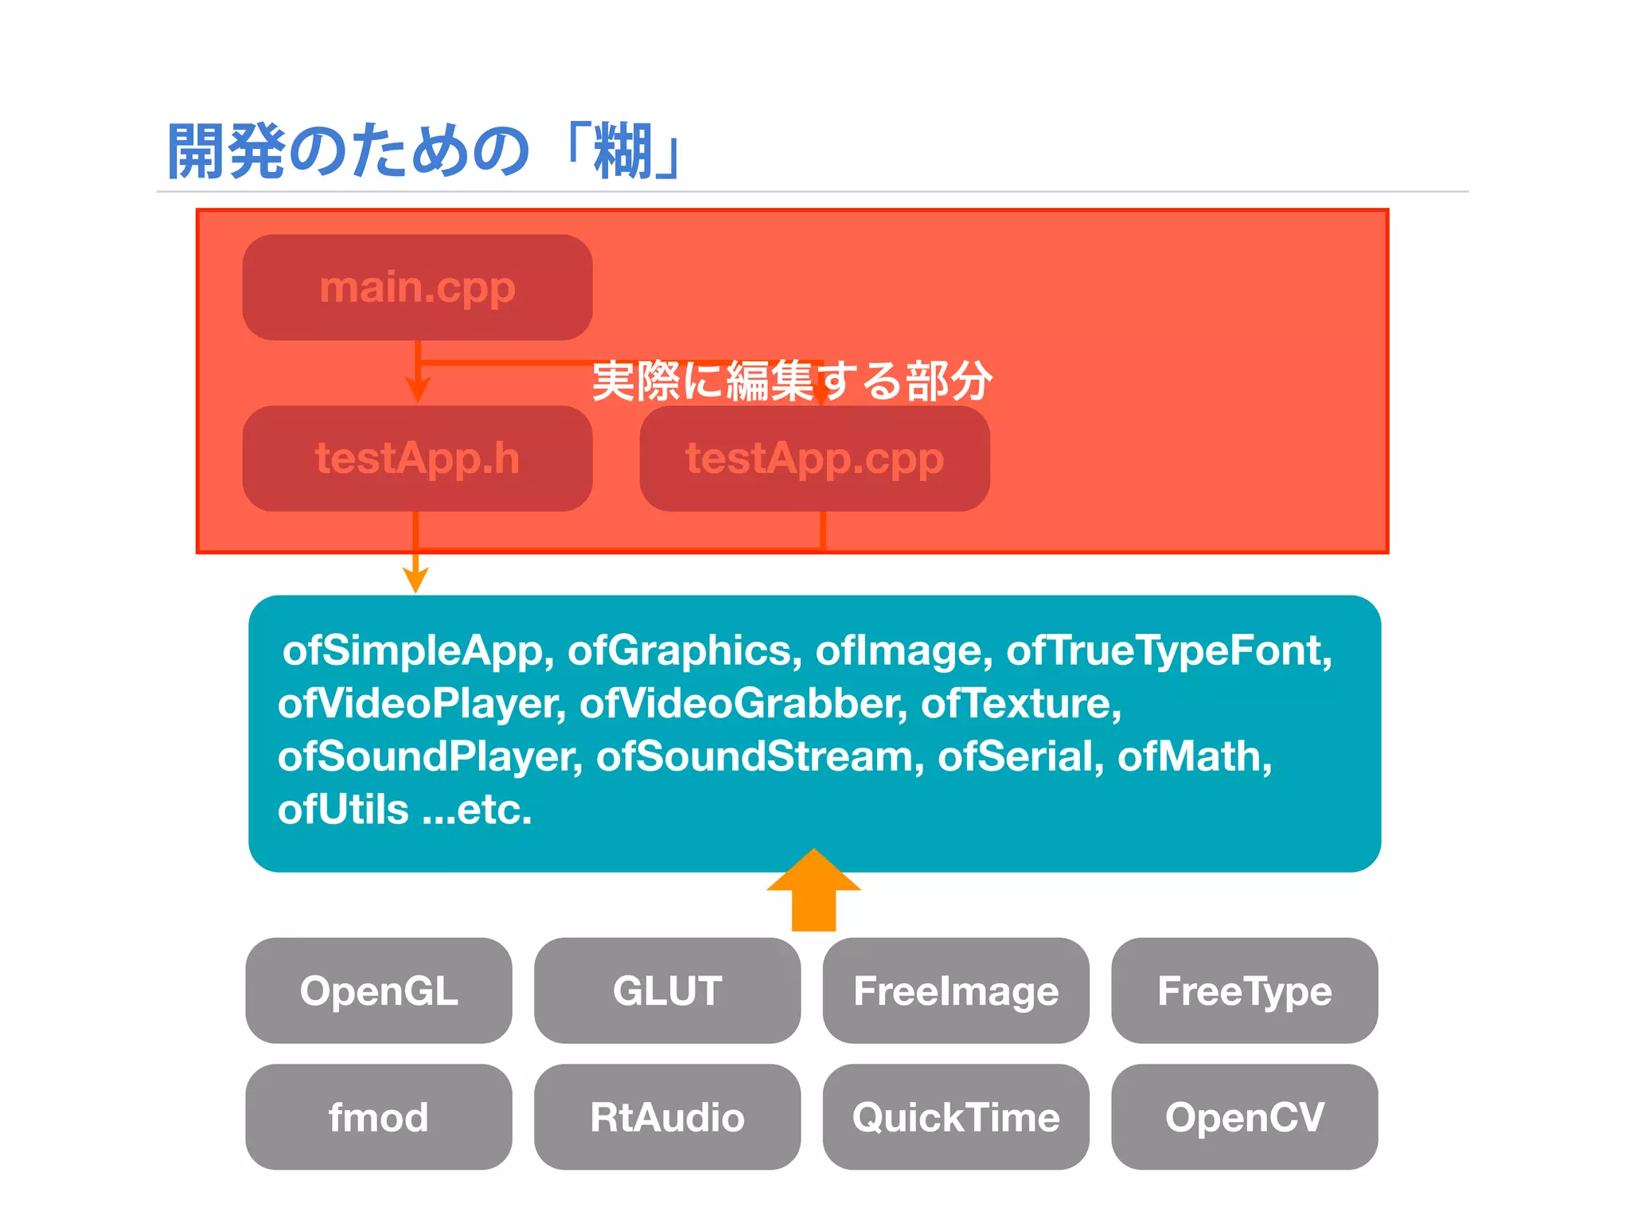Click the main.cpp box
pyautogui.click(x=417, y=287)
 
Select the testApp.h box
pyautogui.click(x=417, y=459)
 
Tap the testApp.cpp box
pyautogui.click(x=814, y=459)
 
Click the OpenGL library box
pyautogui.click(x=379, y=991)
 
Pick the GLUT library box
pyautogui.click(x=667, y=991)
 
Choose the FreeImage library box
pyautogui.click(x=956, y=991)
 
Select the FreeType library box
pyautogui.click(x=1244, y=991)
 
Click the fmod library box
pyautogui.click(x=379, y=1117)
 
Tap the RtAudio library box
pyautogui.click(x=667, y=1117)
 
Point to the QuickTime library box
pyautogui.click(x=956, y=1117)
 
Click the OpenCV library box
pyautogui.click(x=1244, y=1117)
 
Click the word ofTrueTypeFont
pyautogui.click(x=1168, y=651)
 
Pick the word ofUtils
pyautogui.click(x=343, y=810)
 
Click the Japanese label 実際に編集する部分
pyautogui.click(x=792, y=381)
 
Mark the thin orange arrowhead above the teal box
pyautogui.click(x=415, y=580)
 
